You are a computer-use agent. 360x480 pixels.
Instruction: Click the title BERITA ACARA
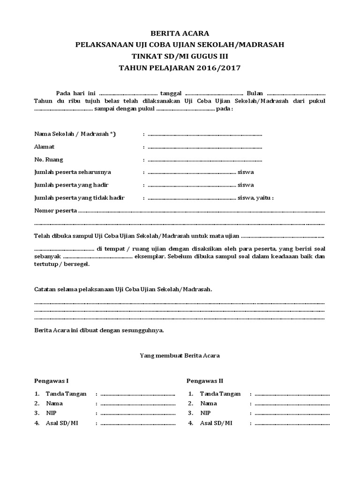180,33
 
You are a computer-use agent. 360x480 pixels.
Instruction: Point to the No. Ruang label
49,159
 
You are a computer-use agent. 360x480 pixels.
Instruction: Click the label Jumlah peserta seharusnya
73,172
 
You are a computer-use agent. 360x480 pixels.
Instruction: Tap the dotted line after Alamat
205,147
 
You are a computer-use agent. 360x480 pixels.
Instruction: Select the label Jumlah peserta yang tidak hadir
80,197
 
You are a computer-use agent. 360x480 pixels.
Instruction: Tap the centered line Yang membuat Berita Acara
180,356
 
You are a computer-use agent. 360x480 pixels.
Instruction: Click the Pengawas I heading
52,381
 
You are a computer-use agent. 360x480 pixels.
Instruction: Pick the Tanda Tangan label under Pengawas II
220,394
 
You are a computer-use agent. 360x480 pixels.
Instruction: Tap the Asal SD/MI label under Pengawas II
216,423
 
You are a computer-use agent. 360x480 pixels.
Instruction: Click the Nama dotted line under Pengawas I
138,404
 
